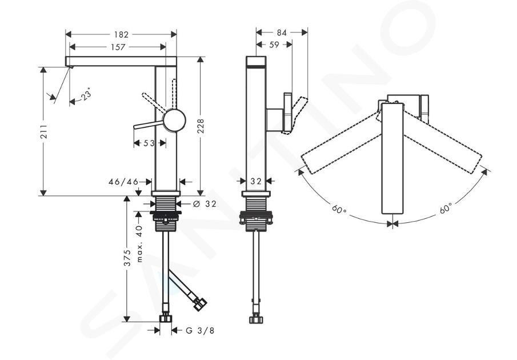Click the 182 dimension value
(121, 34)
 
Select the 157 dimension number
(118, 47)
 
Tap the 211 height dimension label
(43, 131)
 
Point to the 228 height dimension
(201, 126)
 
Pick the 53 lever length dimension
(149, 143)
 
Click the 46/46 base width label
(123, 182)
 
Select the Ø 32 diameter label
(205, 204)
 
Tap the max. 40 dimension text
(139, 244)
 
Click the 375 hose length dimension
(127, 258)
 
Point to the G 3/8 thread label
(200, 330)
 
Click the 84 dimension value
(282, 33)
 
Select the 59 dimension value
(274, 45)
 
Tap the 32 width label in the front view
(256, 181)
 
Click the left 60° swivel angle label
(339, 209)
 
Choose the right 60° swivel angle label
(446, 209)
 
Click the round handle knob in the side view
(174, 121)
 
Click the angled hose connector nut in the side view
(200, 304)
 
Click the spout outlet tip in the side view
(70, 67)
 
